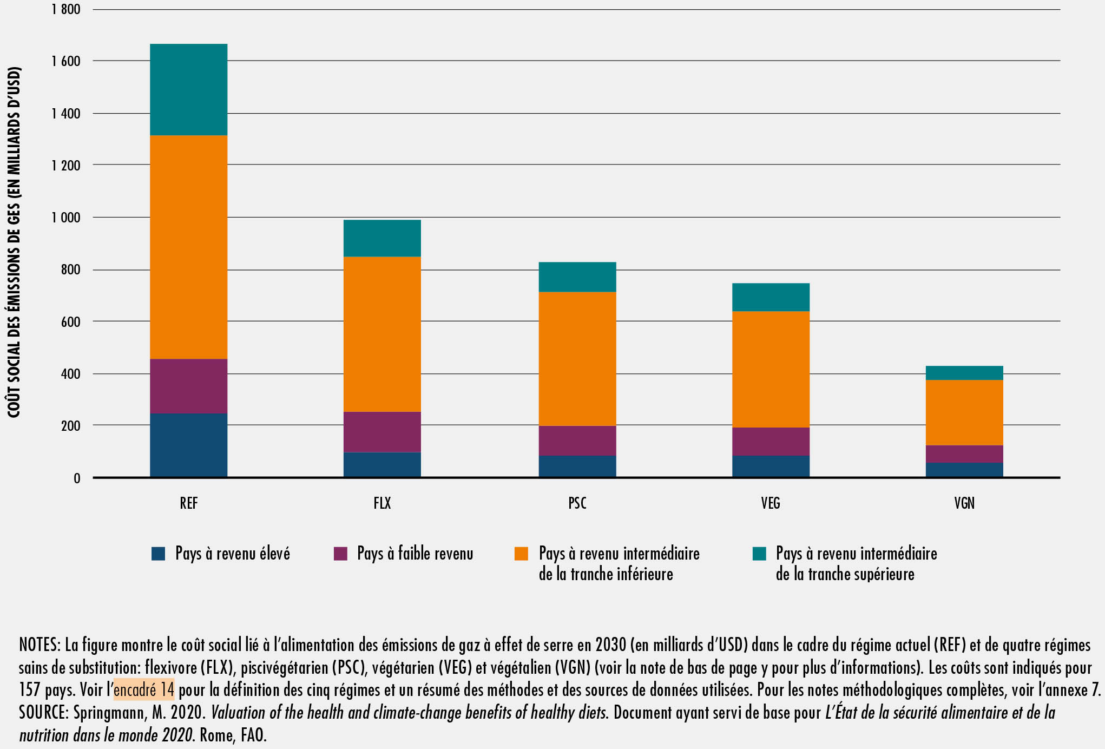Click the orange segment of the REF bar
[188, 247]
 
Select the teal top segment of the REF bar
[188, 89]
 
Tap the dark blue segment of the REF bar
[188, 445]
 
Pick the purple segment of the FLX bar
[382, 431]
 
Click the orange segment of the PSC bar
[577, 358]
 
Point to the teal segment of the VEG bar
[771, 297]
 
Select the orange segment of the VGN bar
[964, 412]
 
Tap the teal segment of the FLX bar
[382, 238]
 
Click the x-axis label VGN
[964, 503]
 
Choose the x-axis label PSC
[577, 503]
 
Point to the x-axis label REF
[188, 503]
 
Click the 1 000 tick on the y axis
[66, 218]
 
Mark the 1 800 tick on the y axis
[66, 9]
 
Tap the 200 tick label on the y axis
[70, 426]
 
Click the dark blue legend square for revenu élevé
[158, 554]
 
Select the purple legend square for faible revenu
[340, 554]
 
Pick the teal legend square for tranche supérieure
[759, 554]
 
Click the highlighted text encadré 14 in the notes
[144, 689]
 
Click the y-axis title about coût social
[14, 242]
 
